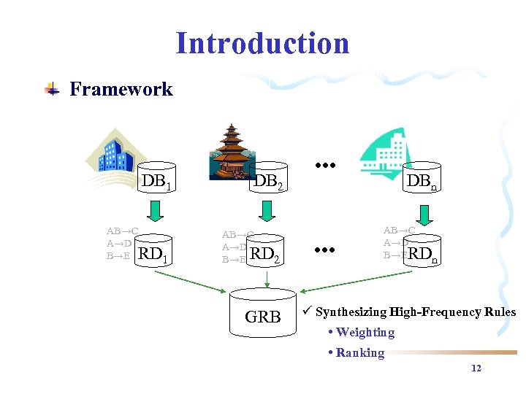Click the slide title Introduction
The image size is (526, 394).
click(x=262, y=43)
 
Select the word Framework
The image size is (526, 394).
click(x=121, y=89)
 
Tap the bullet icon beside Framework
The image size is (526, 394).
click(x=51, y=90)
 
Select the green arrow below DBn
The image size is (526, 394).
click(x=423, y=215)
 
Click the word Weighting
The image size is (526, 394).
click(x=365, y=333)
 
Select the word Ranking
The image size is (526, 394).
click(x=359, y=353)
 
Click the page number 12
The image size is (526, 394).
click(x=476, y=368)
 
